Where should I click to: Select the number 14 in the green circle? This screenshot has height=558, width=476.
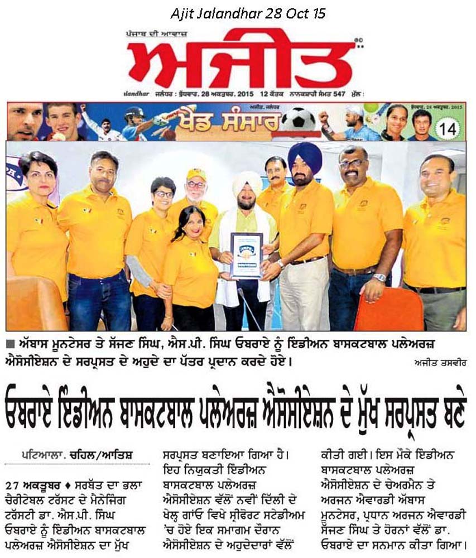click(x=449, y=128)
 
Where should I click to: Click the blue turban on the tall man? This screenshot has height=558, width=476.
click(x=305, y=156)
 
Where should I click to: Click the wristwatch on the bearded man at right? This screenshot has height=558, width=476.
click(x=379, y=277)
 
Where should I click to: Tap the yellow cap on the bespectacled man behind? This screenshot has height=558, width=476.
click(x=196, y=174)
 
